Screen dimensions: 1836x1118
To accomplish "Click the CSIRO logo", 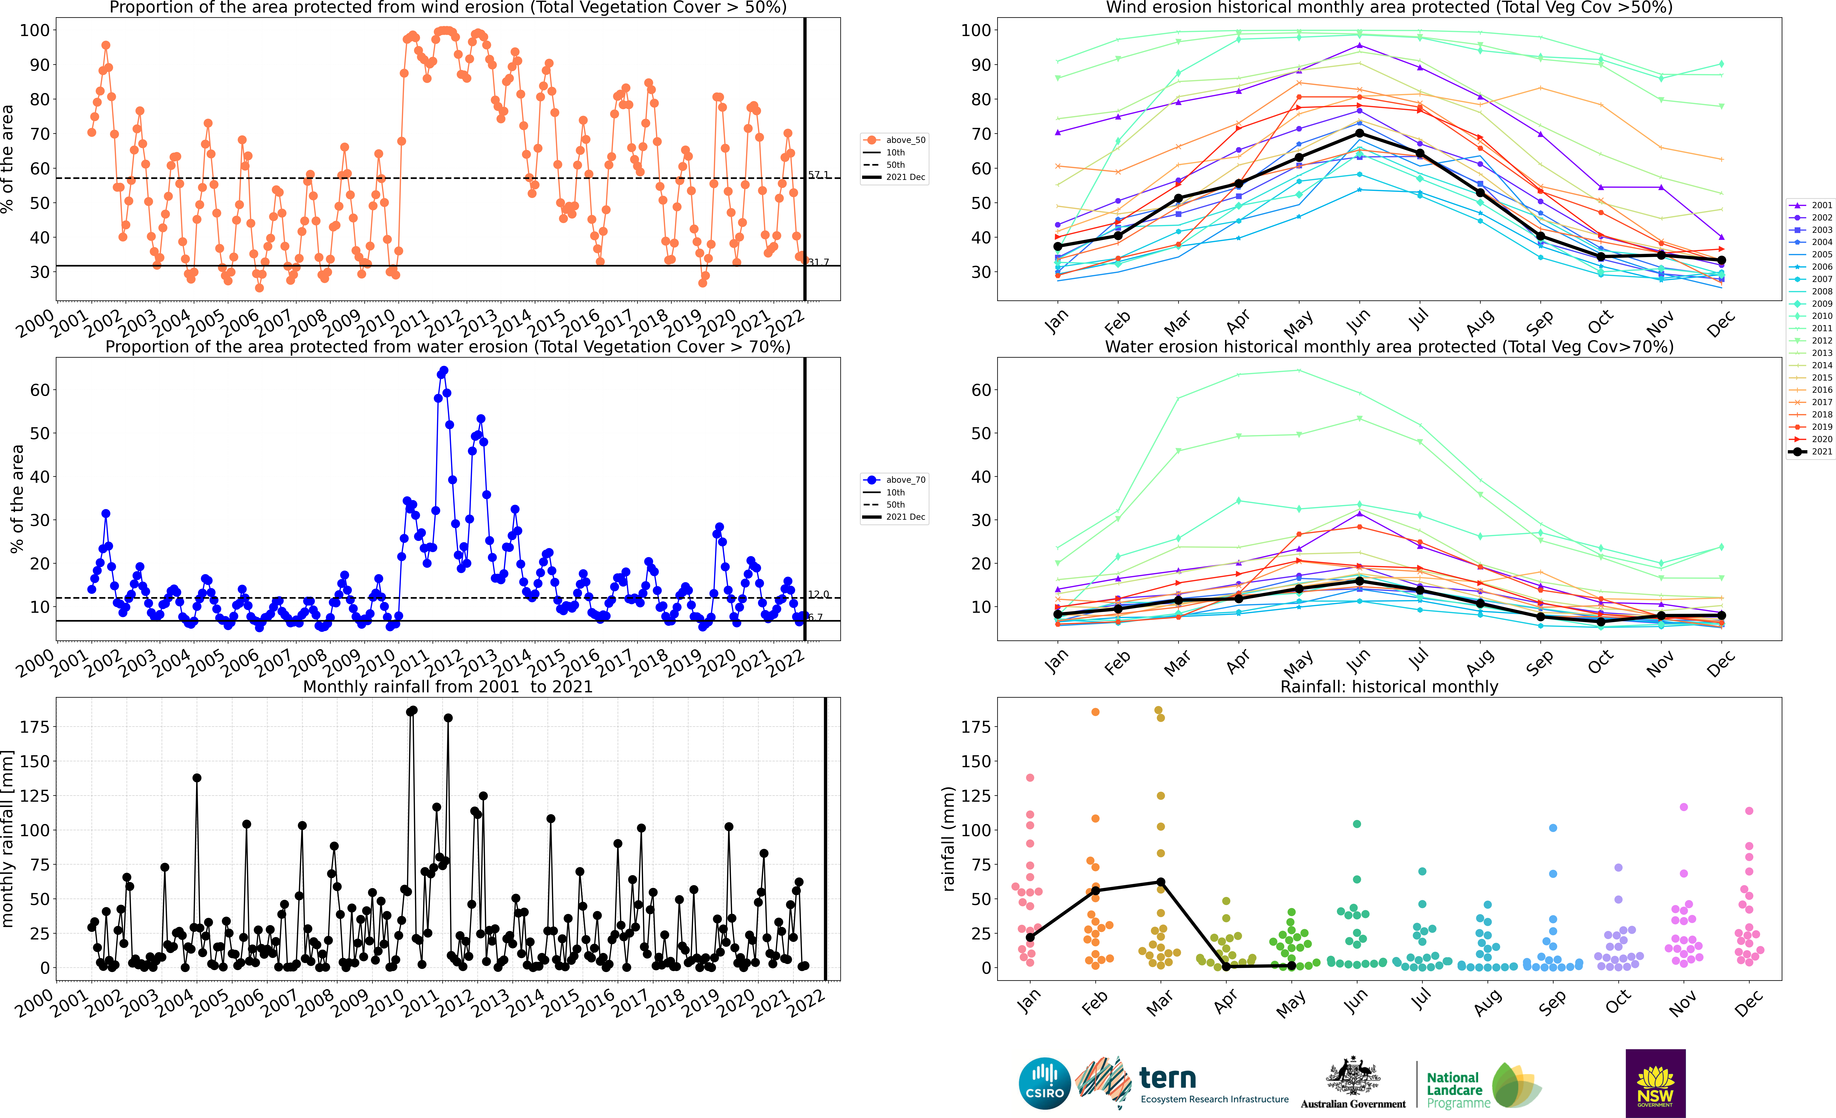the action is [x=1045, y=1083].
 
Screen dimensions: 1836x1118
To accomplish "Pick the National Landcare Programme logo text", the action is [x=1458, y=1090].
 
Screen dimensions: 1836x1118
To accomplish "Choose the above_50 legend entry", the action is [x=894, y=140].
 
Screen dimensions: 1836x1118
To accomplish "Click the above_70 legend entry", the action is [x=894, y=480].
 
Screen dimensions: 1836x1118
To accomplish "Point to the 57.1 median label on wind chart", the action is [x=818, y=174].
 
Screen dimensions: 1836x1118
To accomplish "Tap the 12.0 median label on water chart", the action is [x=818, y=594].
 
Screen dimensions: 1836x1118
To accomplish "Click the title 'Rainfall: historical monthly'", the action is [x=1389, y=686].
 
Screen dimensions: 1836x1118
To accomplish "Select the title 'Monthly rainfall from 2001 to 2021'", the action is [x=448, y=686].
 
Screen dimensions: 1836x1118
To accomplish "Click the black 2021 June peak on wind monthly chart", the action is [x=1359, y=133].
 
